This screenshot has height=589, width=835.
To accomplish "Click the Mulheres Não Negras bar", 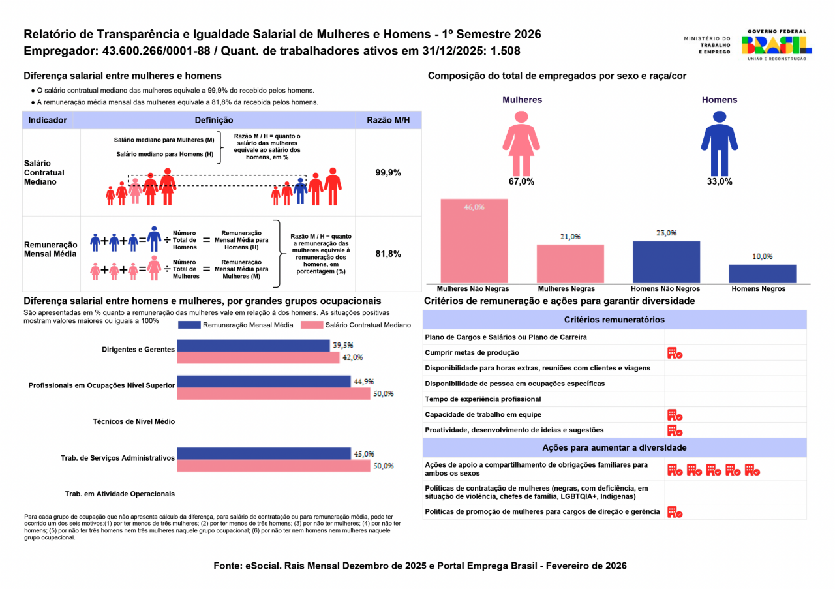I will pos(474,241).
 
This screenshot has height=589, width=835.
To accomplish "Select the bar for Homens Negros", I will pos(762,274).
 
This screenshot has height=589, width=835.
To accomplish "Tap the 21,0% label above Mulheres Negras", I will pos(569,237).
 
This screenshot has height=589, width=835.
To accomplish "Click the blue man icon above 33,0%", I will pos(719,143).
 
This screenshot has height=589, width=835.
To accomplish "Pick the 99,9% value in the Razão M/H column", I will pos(388,173).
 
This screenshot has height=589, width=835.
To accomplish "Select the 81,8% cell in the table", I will pos(388,254).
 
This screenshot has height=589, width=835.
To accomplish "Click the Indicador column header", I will pos(48,120).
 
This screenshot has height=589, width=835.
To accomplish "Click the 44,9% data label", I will pos(363,382).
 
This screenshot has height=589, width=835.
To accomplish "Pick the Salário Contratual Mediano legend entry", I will pos(356,325).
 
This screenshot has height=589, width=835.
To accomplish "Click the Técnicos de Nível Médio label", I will pos(134,422).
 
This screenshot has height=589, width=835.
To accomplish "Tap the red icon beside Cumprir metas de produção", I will pos(675,353).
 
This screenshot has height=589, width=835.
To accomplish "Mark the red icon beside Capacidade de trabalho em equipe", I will pos(675,415).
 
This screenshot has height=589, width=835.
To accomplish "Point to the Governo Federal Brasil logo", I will pos(776,45).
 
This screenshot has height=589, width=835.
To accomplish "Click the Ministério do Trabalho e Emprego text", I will pos(707,45).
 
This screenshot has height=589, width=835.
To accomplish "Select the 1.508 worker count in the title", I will pos(506,51).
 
